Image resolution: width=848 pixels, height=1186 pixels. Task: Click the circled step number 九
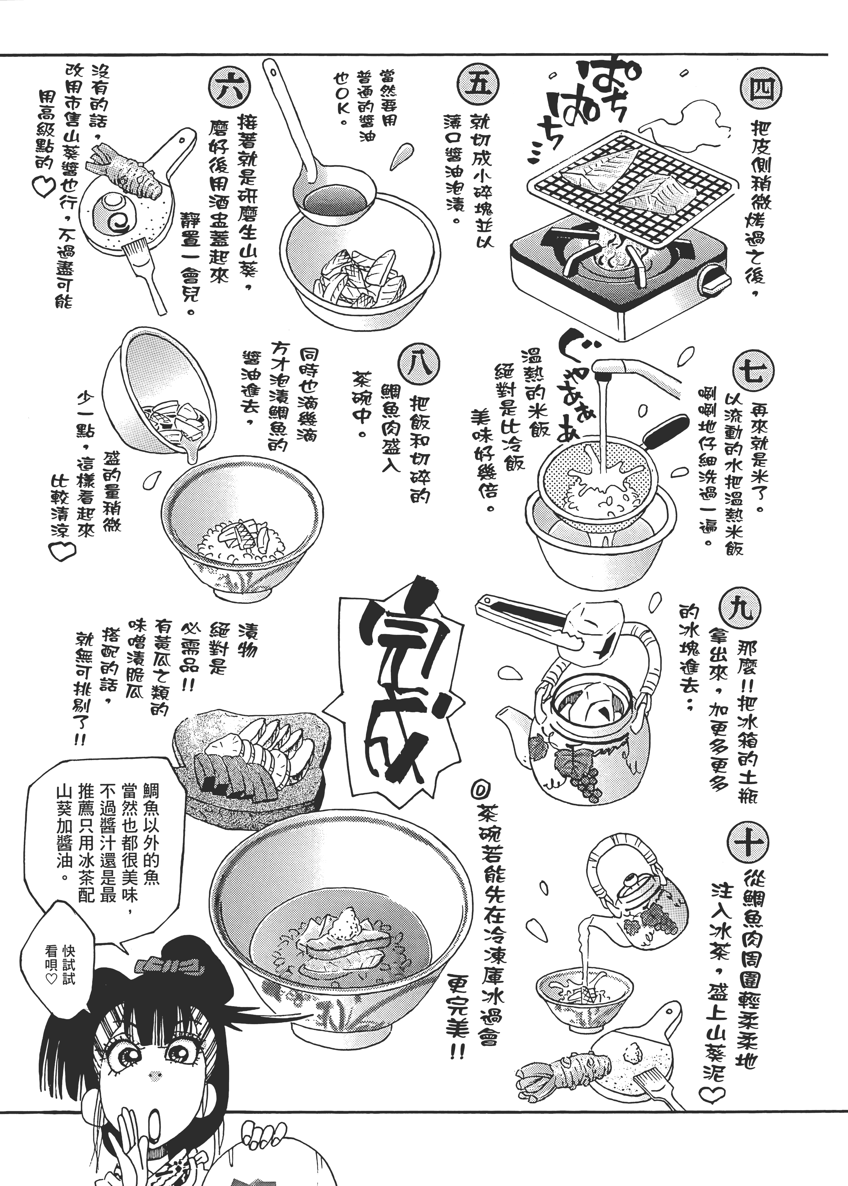point(740,609)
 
